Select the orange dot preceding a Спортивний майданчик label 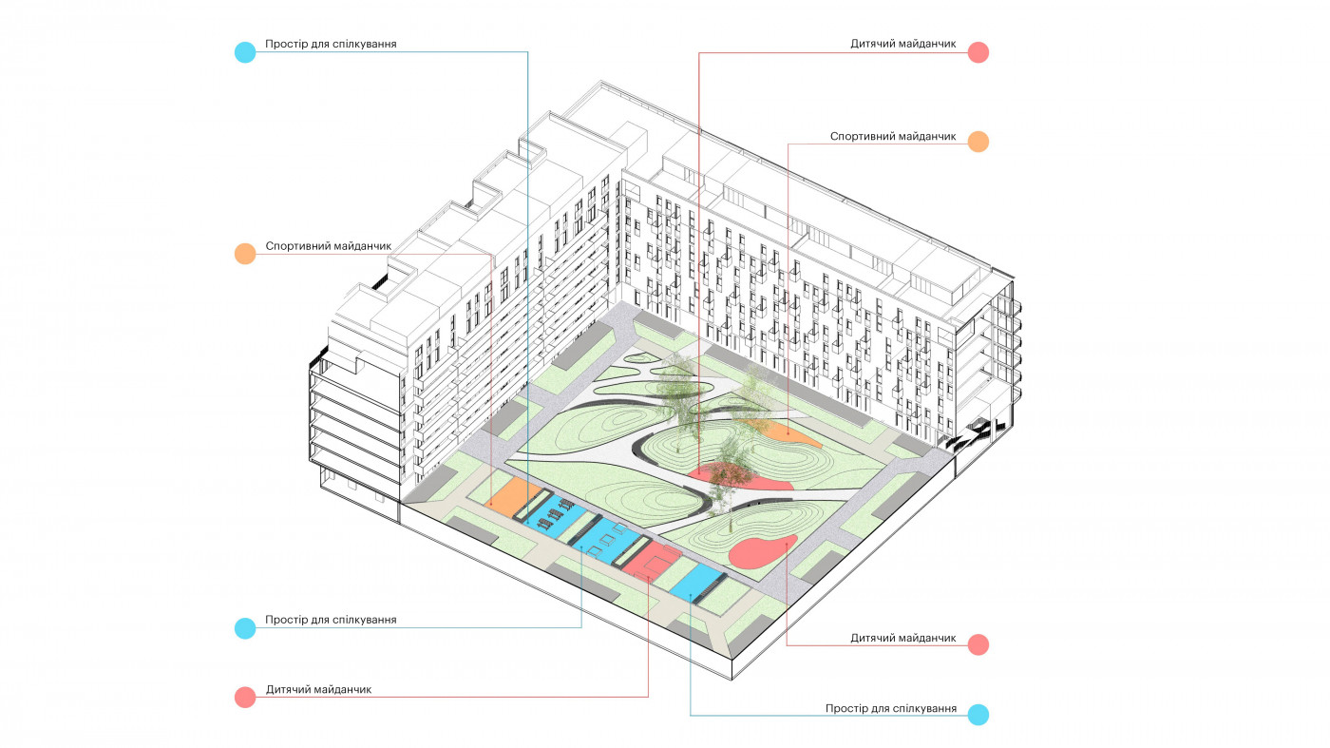tap(245, 254)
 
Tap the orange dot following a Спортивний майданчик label tap(978, 142)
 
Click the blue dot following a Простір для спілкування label tap(978, 715)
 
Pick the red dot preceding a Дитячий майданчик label tap(245, 697)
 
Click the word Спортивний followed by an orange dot tap(862, 137)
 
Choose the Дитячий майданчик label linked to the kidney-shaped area tap(902, 638)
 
